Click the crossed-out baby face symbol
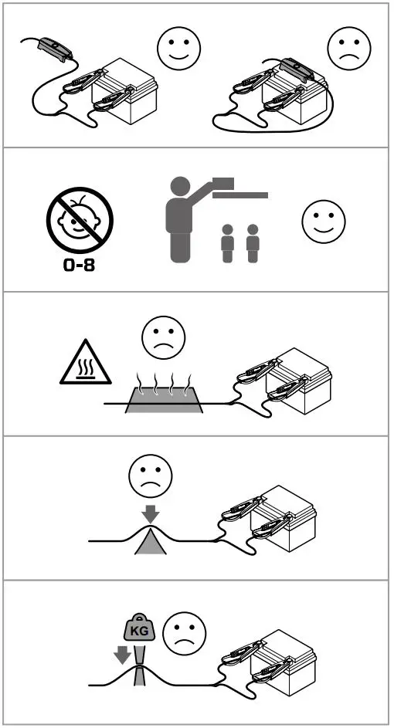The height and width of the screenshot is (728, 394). point(80,220)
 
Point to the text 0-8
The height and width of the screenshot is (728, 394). point(80,268)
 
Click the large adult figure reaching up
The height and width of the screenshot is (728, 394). point(180,224)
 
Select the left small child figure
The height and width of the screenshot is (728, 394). point(227,245)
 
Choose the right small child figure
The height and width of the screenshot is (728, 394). point(253,245)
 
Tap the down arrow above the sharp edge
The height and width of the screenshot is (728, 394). point(150,513)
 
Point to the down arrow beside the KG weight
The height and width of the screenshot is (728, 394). point(121,655)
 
